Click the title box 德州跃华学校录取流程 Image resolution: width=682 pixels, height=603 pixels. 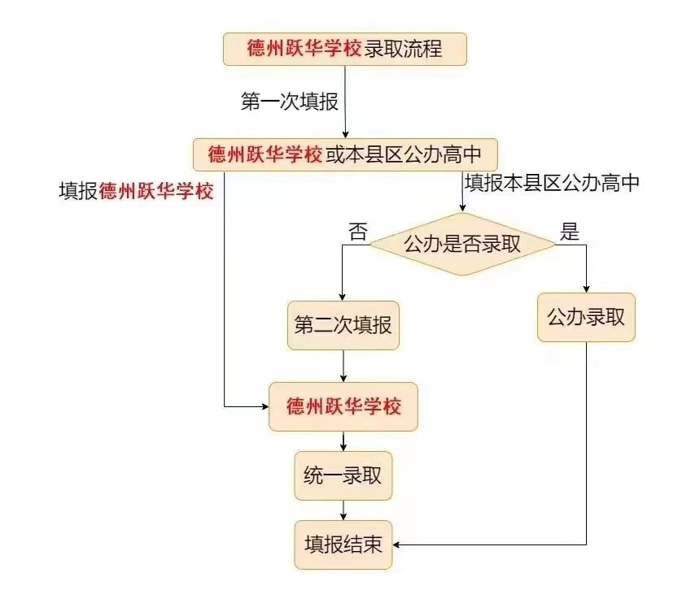click(x=345, y=49)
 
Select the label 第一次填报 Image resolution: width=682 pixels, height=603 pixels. click(x=289, y=102)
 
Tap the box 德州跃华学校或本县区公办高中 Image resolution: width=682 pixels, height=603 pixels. click(x=344, y=154)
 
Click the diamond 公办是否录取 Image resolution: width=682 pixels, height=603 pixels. click(x=461, y=244)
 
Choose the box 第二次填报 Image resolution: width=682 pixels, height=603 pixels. click(x=343, y=326)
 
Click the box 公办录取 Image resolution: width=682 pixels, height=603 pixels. click(x=586, y=317)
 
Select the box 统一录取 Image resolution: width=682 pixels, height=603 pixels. click(x=343, y=476)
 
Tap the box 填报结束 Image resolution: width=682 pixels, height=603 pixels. click(x=343, y=544)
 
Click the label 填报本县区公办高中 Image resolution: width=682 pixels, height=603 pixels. click(x=552, y=183)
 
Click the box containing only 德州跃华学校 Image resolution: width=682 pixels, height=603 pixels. click(x=343, y=406)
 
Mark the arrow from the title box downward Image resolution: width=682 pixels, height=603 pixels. click(x=346, y=102)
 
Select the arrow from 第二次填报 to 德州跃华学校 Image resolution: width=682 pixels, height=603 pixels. click(x=343, y=366)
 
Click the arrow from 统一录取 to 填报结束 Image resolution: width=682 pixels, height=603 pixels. click(x=343, y=510)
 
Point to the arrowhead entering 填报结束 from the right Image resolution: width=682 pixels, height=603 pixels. click(x=399, y=544)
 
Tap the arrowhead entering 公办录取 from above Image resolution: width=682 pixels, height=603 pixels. click(x=586, y=288)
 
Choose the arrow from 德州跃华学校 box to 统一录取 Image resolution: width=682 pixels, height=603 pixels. click(x=343, y=441)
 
